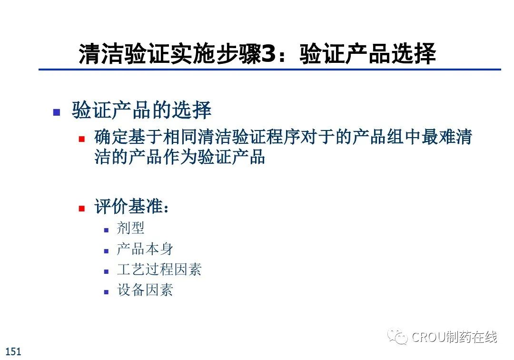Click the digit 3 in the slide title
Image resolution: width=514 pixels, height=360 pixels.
269,54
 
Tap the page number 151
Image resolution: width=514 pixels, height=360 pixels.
13,351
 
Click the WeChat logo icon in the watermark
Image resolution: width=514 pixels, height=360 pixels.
397,336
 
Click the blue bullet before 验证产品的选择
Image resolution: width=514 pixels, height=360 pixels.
57,112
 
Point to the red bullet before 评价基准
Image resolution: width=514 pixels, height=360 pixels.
82,208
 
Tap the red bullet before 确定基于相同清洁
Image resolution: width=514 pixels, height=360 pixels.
82,139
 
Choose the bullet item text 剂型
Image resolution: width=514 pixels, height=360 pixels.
130,228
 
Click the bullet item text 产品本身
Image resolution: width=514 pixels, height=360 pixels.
145,249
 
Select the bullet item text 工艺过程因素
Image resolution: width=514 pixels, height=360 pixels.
159,269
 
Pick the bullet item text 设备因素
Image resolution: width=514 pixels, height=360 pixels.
145,290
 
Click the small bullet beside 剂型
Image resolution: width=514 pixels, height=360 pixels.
106,230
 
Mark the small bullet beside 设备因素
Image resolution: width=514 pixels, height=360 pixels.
106,292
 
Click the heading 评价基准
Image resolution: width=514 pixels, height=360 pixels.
131,206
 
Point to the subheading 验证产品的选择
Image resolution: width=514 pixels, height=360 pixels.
141,110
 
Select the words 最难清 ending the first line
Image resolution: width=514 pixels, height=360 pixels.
446,137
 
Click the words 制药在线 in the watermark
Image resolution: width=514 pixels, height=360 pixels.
471,337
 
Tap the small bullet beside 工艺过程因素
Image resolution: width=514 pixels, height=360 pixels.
106,271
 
